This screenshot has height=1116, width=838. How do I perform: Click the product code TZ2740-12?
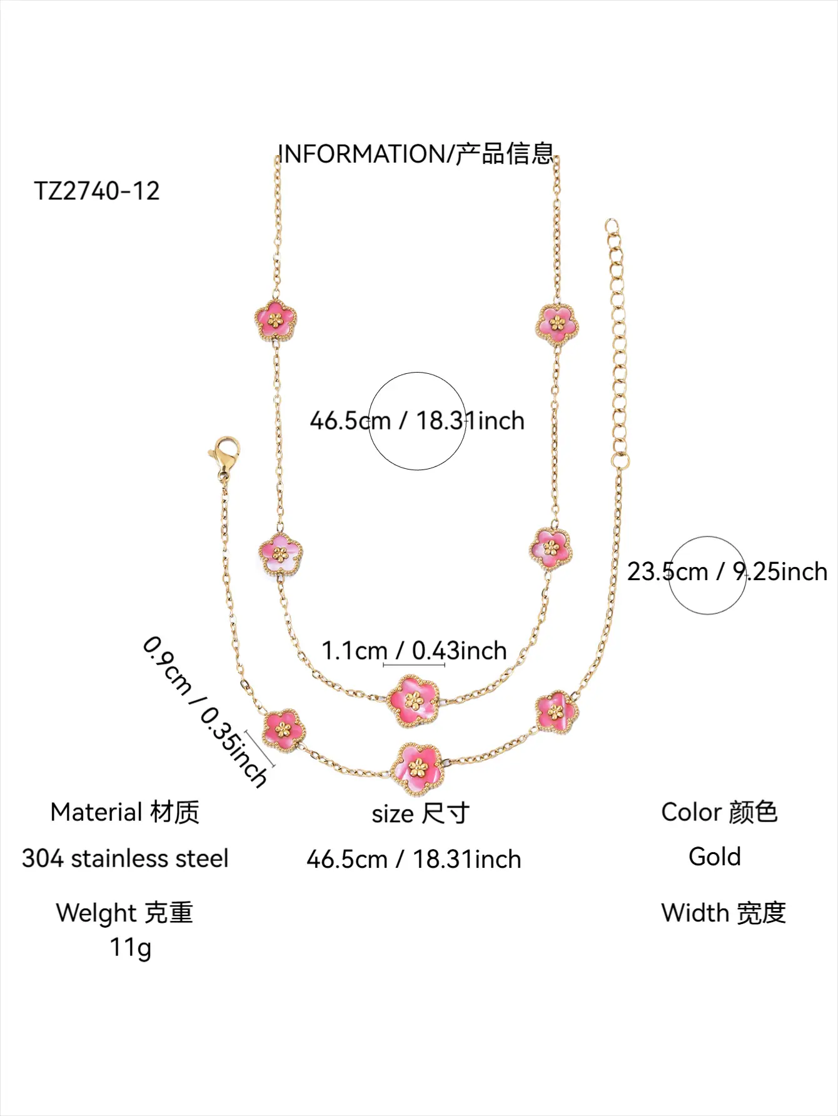[97, 191]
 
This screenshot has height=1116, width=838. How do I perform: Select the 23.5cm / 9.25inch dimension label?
[727, 571]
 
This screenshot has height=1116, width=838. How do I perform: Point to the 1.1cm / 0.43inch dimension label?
[414, 651]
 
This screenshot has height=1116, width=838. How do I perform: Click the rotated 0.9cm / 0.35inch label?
[205, 711]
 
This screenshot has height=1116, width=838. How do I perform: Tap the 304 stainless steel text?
[125, 858]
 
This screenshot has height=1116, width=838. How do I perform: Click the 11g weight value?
[131, 948]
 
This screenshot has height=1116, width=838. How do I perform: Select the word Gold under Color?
[715, 857]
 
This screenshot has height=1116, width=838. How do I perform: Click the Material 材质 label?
[125, 812]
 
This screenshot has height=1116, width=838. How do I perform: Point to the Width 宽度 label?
[724, 913]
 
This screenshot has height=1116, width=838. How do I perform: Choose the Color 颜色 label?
[719, 812]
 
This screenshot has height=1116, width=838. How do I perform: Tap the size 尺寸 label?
[420, 813]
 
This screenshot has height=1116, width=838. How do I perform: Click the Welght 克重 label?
[124, 913]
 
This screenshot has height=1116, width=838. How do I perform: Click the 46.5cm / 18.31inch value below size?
[414, 860]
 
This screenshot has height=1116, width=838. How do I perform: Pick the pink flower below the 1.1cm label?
[413, 700]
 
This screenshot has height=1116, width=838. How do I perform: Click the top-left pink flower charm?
[275, 321]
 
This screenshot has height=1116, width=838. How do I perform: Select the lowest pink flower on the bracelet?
[417, 768]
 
